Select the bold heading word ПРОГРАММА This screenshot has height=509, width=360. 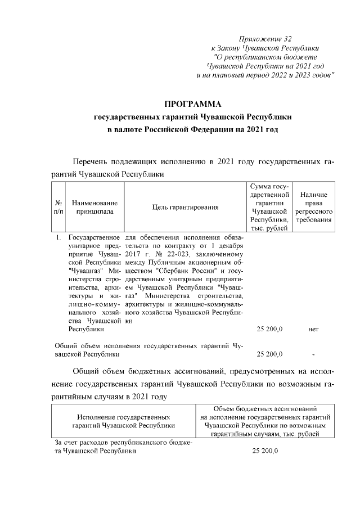(192, 105)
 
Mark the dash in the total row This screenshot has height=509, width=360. (314, 354)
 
